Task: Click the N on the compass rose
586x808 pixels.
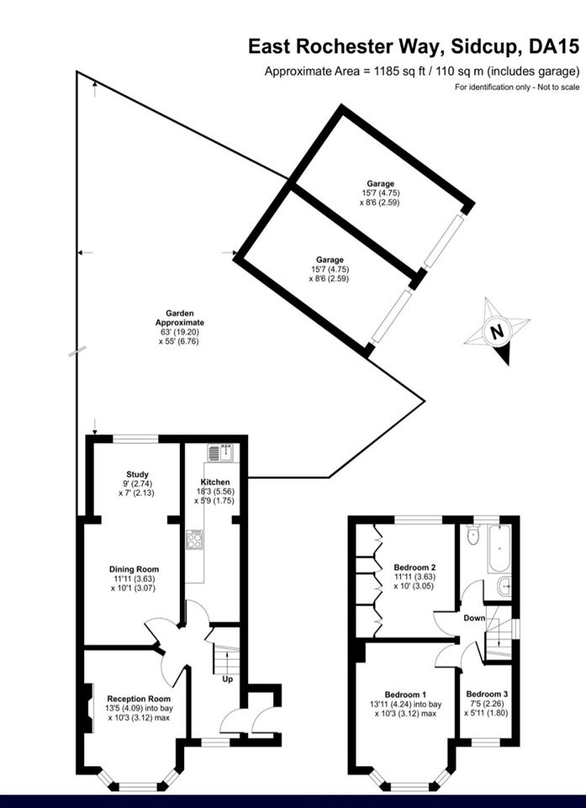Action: [497, 332]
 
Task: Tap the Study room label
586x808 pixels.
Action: [138, 474]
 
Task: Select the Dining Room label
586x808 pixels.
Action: [134, 570]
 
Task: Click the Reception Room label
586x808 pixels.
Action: [138, 699]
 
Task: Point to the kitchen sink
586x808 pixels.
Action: [221, 453]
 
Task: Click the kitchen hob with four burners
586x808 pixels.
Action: [195, 540]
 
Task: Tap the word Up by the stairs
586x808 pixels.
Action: [228, 679]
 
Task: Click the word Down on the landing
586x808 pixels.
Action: [474, 617]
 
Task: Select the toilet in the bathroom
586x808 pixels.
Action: [472, 535]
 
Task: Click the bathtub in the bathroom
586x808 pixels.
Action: [499, 550]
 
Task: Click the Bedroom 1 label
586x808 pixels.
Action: [406, 694]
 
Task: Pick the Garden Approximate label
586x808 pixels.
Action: [180, 318]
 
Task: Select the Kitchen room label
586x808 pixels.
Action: [216, 482]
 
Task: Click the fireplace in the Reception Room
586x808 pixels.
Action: [88, 708]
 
